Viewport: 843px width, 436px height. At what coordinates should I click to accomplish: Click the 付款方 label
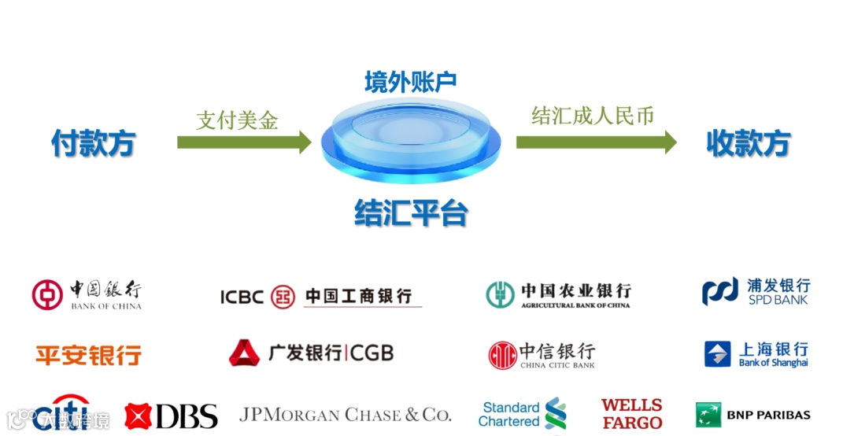click(x=93, y=143)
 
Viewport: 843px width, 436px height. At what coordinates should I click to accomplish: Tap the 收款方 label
click(x=748, y=143)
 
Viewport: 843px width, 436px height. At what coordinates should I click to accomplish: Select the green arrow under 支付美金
click(x=244, y=142)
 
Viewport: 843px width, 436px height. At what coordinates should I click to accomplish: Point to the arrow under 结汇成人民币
click(x=596, y=142)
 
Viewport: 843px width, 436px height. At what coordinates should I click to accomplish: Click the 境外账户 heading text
click(x=410, y=82)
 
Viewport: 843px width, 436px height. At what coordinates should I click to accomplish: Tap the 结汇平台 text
click(x=411, y=212)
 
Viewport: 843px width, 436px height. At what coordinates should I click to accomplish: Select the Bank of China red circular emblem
click(x=47, y=294)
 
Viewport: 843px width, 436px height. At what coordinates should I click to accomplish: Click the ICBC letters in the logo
click(x=242, y=297)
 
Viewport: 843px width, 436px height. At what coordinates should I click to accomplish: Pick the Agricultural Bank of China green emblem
click(x=500, y=294)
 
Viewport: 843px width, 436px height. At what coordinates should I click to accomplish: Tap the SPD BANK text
click(x=778, y=300)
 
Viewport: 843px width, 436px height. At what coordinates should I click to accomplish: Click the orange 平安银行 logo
click(x=88, y=355)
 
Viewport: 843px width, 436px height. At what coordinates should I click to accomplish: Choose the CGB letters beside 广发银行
click(x=372, y=353)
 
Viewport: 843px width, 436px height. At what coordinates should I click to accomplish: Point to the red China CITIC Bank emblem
click(x=502, y=355)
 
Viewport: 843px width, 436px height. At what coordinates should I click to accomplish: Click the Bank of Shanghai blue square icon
click(x=717, y=354)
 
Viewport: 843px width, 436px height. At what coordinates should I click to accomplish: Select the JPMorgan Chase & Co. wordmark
click(x=345, y=414)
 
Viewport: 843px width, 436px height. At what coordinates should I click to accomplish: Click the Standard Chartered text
click(x=510, y=414)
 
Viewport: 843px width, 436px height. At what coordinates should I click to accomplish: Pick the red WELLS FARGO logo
click(x=631, y=414)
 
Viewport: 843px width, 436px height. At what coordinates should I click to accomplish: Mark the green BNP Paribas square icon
click(x=708, y=415)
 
